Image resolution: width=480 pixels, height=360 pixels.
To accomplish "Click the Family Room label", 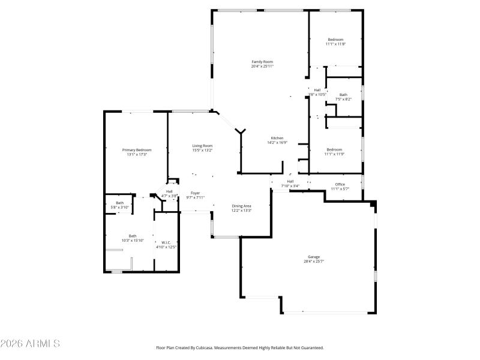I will click(x=262, y=62).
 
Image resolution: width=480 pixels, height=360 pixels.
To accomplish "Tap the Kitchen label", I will click(x=277, y=138).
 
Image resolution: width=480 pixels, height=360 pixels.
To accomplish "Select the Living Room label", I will click(x=202, y=146).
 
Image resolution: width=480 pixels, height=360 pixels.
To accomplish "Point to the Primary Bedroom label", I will click(x=137, y=150).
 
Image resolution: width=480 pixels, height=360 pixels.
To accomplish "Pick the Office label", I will click(x=340, y=184).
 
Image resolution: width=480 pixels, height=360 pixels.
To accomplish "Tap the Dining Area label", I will click(x=241, y=206).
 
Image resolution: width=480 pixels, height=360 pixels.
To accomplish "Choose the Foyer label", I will click(x=196, y=193).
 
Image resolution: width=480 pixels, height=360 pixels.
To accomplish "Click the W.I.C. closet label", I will click(x=167, y=242).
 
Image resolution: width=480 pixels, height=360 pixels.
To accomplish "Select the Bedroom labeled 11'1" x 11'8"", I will click(x=335, y=40).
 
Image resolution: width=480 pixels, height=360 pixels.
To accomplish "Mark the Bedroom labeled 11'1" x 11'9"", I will click(x=334, y=149).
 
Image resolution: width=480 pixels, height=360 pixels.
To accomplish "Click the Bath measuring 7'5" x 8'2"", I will click(x=343, y=95).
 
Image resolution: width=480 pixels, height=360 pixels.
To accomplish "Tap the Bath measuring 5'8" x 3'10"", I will click(x=119, y=203).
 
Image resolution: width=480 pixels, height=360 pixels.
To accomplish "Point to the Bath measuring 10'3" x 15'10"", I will click(x=133, y=236).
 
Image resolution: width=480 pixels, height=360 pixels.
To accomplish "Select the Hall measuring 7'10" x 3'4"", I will click(x=290, y=181).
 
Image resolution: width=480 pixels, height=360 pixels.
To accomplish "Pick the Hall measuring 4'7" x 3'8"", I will click(x=169, y=191).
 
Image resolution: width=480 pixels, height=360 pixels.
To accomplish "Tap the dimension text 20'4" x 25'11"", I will click(x=262, y=66).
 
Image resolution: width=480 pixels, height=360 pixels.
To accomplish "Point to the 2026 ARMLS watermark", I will click(x=30, y=344).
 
